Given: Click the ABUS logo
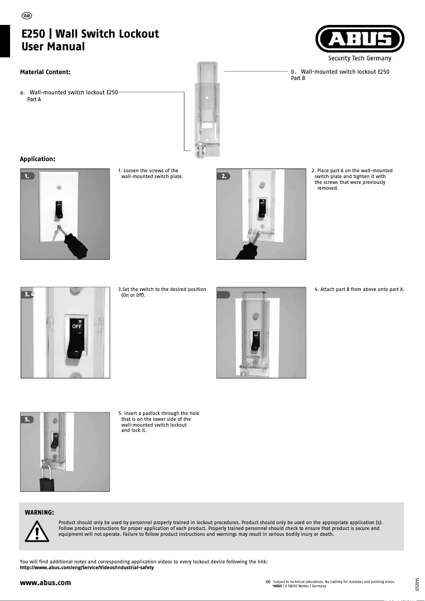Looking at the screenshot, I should click(x=360, y=39).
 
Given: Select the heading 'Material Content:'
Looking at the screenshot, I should click(x=45, y=72).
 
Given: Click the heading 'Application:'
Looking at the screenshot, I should click(x=38, y=158).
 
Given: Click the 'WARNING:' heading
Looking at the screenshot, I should click(x=40, y=512).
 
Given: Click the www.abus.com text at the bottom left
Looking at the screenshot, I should click(x=45, y=583).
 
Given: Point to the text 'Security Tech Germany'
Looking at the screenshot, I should click(x=359, y=58).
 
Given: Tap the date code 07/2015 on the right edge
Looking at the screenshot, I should click(x=418, y=585).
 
